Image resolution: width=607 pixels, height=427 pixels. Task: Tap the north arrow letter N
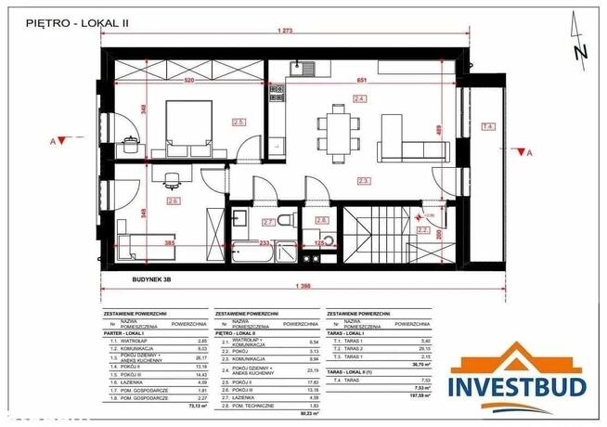(580, 52)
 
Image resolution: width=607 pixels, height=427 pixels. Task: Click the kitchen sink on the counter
(305, 66)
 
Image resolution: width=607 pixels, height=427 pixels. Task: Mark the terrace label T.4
(488, 125)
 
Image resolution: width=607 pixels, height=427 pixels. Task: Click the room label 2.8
(323, 219)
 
